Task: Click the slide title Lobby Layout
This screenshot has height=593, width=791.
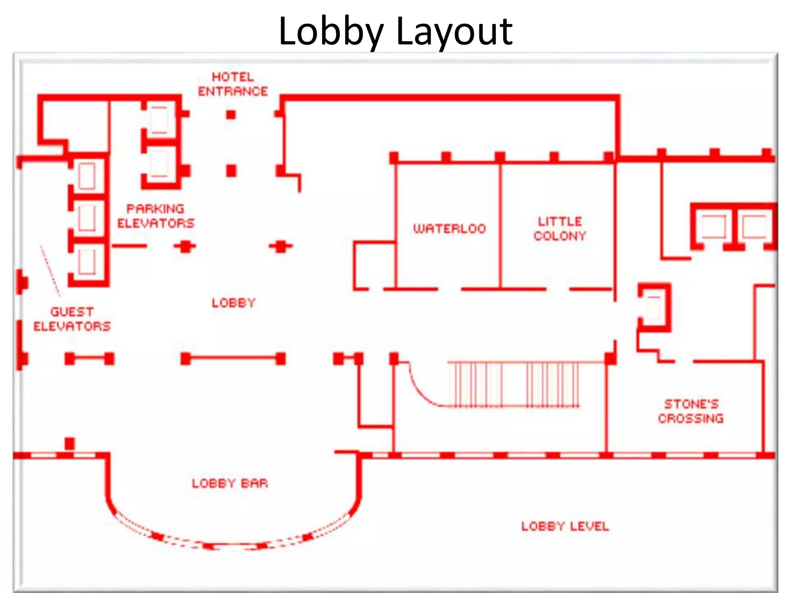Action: pyautogui.click(x=395, y=31)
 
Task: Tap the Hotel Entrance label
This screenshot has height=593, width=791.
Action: pyautogui.click(x=233, y=84)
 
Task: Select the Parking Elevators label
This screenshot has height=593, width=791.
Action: pyautogui.click(x=156, y=216)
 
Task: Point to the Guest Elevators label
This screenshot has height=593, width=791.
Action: pyautogui.click(x=72, y=319)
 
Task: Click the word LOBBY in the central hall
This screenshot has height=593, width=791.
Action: pyautogui.click(x=234, y=303)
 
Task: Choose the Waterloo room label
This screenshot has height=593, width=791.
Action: pyautogui.click(x=449, y=229)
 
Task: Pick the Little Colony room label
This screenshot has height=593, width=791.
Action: pyautogui.click(x=560, y=229)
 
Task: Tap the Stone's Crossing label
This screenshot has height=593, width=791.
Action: pyautogui.click(x=691, y=411)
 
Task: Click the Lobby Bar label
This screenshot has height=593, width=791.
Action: pyautogui.click(x=230, y=483)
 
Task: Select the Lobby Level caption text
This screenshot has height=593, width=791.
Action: pyautogui.click(x=565, y=526)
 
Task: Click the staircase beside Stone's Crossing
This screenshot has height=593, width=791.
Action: pyautogui.click(x=514, y=384)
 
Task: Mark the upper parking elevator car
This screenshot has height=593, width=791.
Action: pyautogui.click(x=159, y=120)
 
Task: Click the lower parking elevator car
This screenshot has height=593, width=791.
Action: pyautogui.click(x=159, y=164)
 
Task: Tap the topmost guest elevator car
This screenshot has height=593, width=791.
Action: pyautogui.click(x=87, y=176)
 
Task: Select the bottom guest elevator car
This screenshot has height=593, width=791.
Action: pyautogui.click(x=87, y=261)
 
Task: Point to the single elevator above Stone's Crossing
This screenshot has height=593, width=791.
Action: pyautogui.click(x=654, y=308)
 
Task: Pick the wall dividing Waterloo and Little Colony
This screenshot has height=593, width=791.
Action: pyautogui.click(x=500, y=226)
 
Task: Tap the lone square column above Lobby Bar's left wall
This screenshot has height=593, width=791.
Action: pyautogui.click(x=70, y=443)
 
